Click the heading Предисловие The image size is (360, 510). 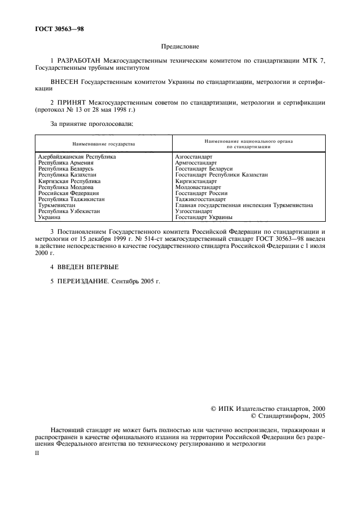(180, 48)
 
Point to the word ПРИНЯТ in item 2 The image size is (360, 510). (72, 102)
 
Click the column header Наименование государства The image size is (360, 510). (103, 144)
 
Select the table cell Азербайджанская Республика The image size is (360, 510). (77, 157)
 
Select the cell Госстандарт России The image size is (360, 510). (202, 193)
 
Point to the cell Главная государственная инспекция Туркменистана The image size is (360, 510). (244, 205)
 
